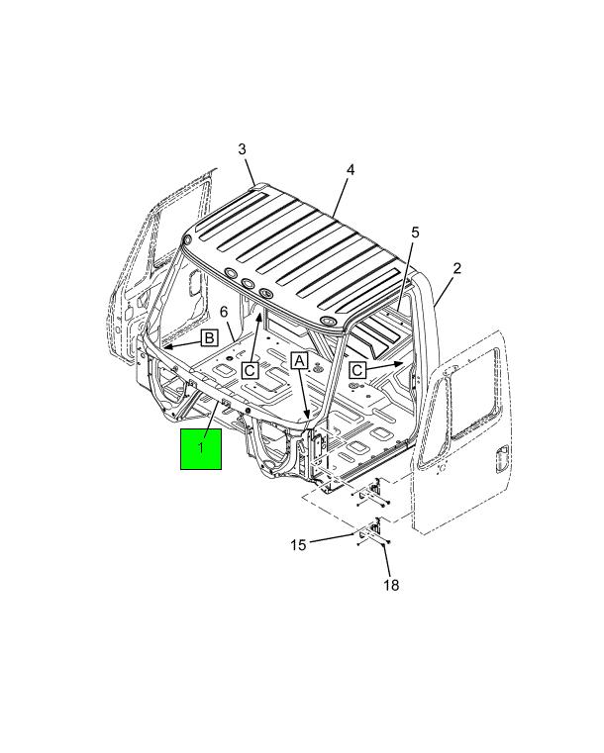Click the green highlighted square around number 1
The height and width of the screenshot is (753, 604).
(x=201, y=449)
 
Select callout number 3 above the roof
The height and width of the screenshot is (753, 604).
(x=242, y=149)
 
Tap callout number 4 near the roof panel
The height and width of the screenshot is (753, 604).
(x=351, y=169)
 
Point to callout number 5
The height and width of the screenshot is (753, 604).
(x=415, y=233)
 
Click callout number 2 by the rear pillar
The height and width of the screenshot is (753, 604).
(x=456, y=268)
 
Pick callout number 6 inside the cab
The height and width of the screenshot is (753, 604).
(x=224, y=312)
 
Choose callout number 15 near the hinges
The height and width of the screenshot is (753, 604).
(x=298, y=545)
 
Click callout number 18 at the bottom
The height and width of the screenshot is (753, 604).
(x=391, y=585)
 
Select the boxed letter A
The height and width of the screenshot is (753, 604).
(x=299, y=360)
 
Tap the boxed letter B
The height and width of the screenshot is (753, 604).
(x=210, y=338)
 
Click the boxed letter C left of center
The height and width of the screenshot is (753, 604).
(x=250, y=370)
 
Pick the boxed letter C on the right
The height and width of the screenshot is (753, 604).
(x=357, y=370)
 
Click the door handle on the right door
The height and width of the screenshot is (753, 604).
(x=501, y=458)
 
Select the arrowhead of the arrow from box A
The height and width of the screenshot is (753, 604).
(x=307, y=415)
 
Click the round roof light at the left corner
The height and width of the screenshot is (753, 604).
(x=188, y=239)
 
